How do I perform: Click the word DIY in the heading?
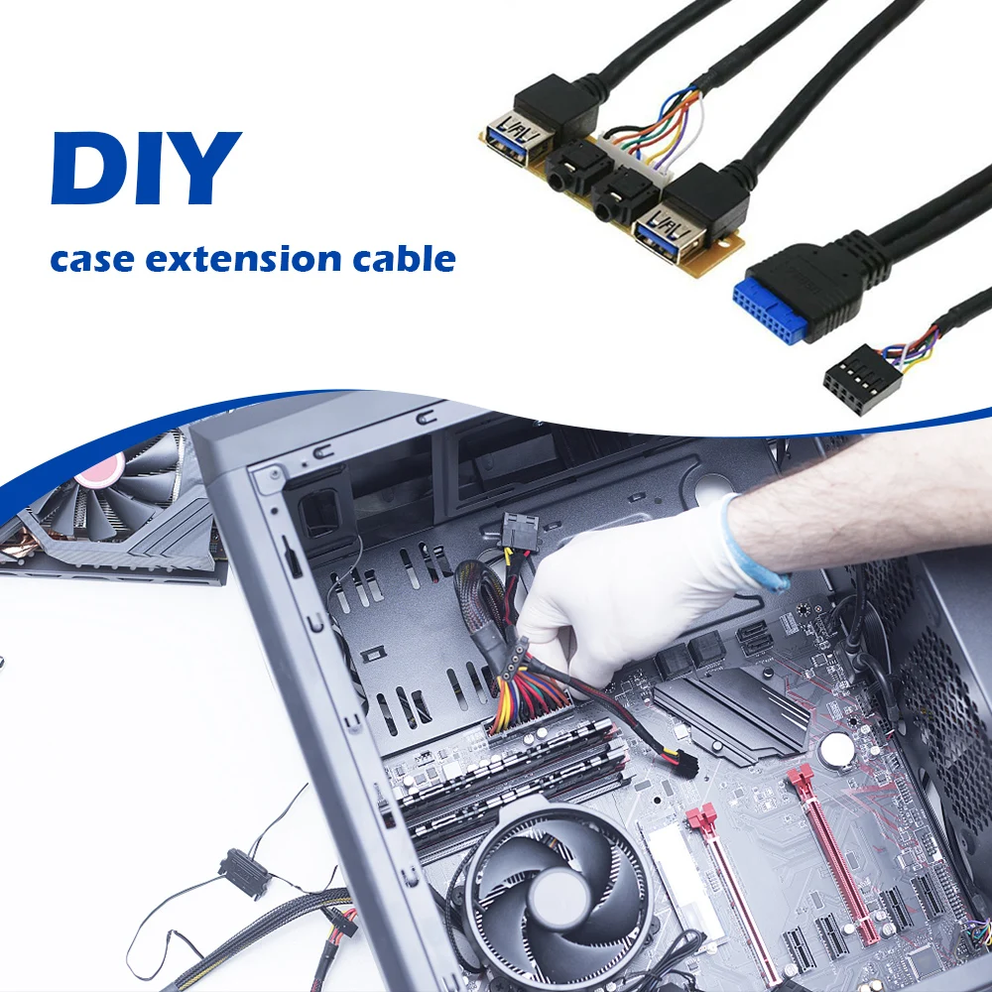coord(146,168)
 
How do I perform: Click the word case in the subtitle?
coord(92,260)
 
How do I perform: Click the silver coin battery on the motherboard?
coord(837,748)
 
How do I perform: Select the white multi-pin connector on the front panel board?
coord(633,159)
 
